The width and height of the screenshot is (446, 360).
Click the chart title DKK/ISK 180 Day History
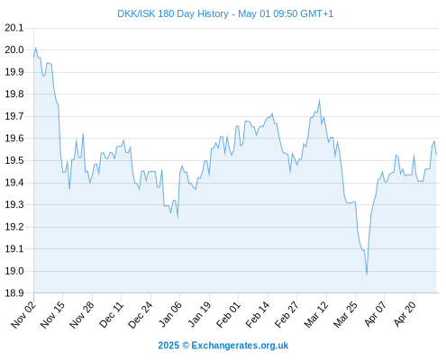coord(173,14)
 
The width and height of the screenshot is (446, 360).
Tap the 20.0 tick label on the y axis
coord(14,49)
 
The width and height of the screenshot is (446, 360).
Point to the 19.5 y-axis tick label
coord(14,160)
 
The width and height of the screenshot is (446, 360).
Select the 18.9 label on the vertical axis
coord(14,293)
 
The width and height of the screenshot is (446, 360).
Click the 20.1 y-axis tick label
coord(14,28)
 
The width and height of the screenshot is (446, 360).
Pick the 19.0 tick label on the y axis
coord(14,271)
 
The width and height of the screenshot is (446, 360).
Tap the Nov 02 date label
coord(23,314)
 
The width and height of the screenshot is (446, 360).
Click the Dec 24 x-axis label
coord(140,314)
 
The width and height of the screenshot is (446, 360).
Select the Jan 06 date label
coord(169,314)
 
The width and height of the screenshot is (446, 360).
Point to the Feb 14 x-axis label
coord(258,314)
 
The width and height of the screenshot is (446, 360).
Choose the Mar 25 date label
coord(345,314)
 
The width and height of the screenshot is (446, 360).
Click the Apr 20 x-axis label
coord(404,314)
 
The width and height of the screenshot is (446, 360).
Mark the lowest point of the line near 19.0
coord(367,274)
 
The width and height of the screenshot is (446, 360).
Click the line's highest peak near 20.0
coord(36,48)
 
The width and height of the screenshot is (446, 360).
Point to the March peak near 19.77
coord(319,100)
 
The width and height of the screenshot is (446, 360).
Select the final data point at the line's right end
coord(436,155)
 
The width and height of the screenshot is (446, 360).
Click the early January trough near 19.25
coord(177,217)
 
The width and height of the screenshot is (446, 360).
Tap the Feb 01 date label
coord(228,314)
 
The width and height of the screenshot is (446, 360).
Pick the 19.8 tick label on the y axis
coord(14,94)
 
